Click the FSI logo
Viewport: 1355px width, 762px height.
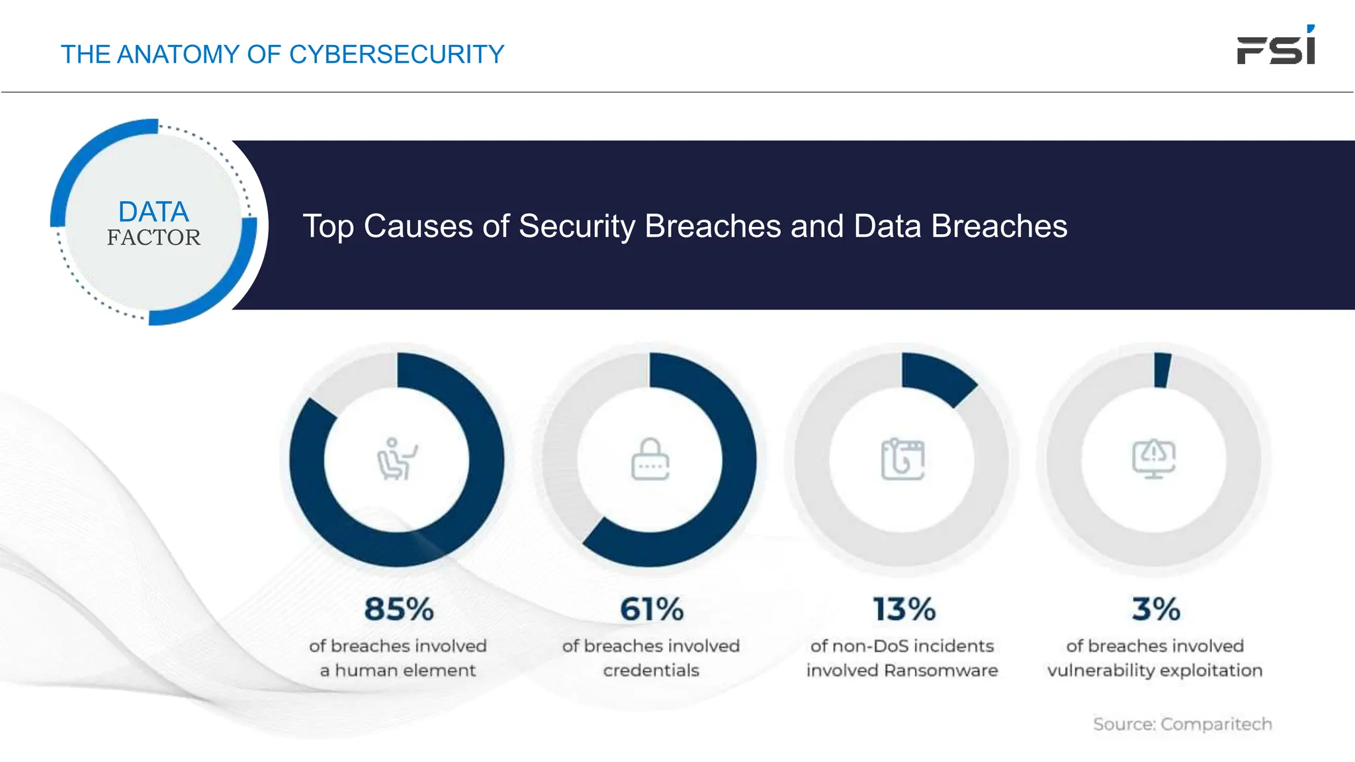1276,46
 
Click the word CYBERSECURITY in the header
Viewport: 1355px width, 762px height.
396,54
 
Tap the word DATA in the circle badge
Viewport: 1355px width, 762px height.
153,212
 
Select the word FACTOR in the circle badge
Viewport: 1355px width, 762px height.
153,237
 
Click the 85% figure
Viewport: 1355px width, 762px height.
398,609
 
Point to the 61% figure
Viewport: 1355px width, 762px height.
651,609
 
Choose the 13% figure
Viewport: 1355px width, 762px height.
904,609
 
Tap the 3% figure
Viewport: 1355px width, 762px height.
1155,609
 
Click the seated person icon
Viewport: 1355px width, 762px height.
396,459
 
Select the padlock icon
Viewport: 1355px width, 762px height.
650,459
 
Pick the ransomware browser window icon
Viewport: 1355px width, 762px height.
902,459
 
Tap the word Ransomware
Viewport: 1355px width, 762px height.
940,671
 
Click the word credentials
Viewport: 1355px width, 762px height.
651,671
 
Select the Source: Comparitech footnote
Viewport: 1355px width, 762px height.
1182,724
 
